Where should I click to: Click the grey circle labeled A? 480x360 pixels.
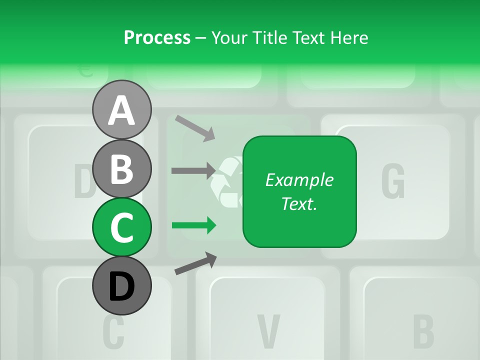pyautogui.click(x=121, y=109)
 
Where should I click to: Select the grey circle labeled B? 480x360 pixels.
pyautogui.click(x=121, y=168)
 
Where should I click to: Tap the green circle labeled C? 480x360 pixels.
pyautogui.click(x=121, y=227)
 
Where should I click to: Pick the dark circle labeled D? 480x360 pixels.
pyautogui.click(x=121, y=285)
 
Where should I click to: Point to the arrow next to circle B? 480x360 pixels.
pyautogui.click(x=193, y=170)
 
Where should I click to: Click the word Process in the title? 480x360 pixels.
pyautogui.click(x=157, y=37)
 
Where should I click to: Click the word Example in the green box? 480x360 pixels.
pyautogui.click(x=299, y=180)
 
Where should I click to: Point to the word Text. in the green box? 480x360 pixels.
pyautogui.click(x=299, y=203)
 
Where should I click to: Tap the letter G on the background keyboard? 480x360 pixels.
pyautogui.click(x=393, y=181)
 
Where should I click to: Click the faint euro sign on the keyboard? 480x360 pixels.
pyautogui.click(x=86, y=70)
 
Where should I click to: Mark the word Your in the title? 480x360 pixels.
pyautogui.click(x=230, y=37)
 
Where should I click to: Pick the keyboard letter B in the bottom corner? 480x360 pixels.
pyautogui.click(x=423, y=331)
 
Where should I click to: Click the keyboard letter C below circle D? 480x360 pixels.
pyautogui.click(x=113, y=331)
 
